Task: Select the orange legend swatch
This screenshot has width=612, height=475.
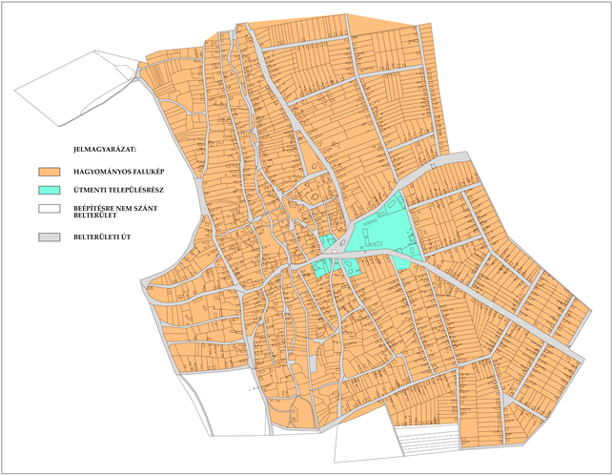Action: [x=50, y=172]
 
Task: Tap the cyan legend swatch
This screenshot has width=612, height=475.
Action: [x=50, y=190]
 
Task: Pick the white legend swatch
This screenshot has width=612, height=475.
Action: [x=50, y=207]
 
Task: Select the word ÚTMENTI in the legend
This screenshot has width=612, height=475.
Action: [x=90, y=190]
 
